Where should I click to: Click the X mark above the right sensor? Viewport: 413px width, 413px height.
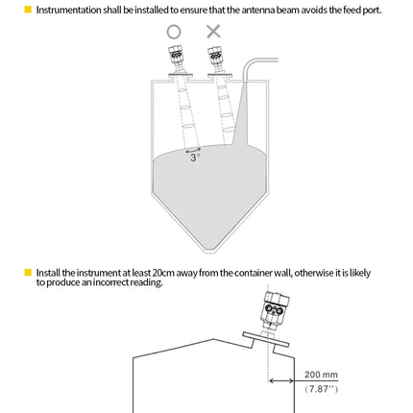coord(213,32)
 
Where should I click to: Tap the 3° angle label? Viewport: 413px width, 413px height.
coord(195,158)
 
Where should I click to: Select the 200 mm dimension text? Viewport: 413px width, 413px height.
coord(321,375)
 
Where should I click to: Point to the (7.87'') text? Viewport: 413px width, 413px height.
coord(321,389)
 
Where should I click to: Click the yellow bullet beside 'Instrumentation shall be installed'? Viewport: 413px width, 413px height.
coord(28,10)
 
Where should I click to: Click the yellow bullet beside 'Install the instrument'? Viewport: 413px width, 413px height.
coord(28,273)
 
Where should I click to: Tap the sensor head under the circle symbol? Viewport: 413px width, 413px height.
coord(176,56)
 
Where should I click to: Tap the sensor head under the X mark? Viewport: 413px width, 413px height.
coord(215,56)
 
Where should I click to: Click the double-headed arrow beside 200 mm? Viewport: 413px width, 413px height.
coord(281,380)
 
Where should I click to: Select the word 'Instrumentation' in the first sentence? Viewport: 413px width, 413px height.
coord(69,10)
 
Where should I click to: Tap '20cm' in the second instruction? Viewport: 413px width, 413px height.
coord(163,273)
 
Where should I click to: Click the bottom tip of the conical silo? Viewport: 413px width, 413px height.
coord(214,253)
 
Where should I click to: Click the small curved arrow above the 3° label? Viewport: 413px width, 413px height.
coord(193,150)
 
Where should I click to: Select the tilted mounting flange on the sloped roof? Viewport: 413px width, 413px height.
coord(266,339)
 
